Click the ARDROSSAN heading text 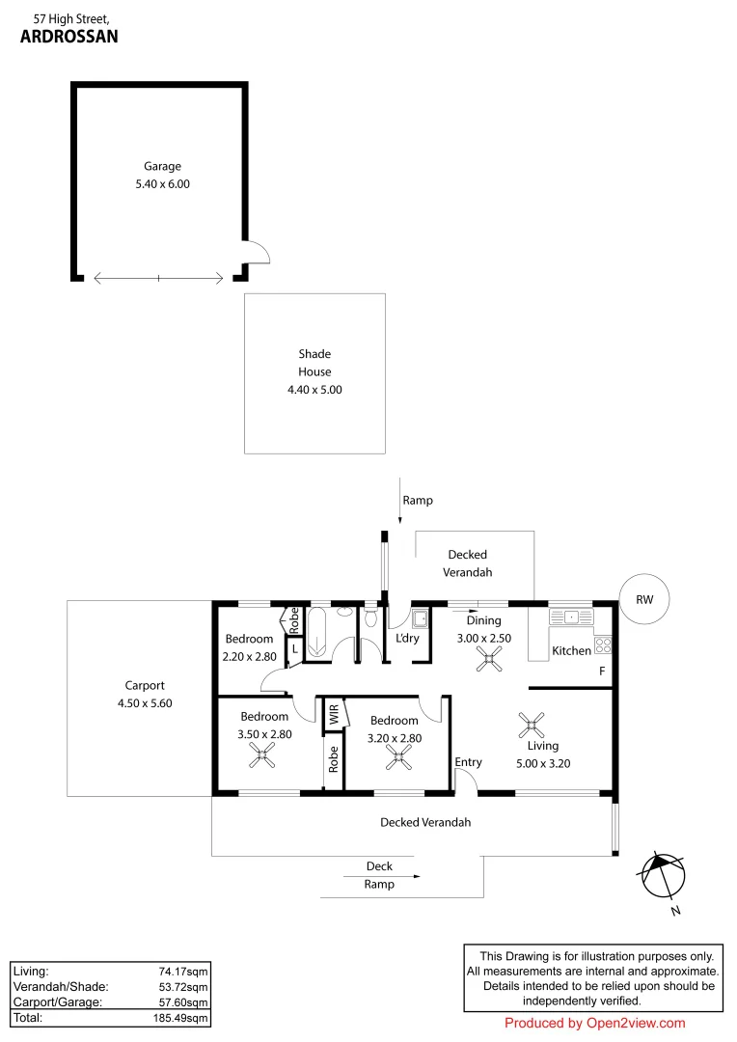69,37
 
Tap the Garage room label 162,166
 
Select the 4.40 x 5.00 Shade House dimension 314,390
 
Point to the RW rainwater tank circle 644,599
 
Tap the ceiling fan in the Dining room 488,659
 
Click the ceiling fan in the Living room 531,725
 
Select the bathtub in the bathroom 316,631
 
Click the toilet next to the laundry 370,617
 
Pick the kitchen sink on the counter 570,617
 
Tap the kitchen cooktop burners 602,644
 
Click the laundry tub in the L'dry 420,618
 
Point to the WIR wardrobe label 335,714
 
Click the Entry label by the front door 468,762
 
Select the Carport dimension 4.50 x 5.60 145,703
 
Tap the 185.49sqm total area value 180,1018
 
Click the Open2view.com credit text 636,1024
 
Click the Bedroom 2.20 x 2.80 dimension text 249,657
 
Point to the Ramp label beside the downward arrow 418,501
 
